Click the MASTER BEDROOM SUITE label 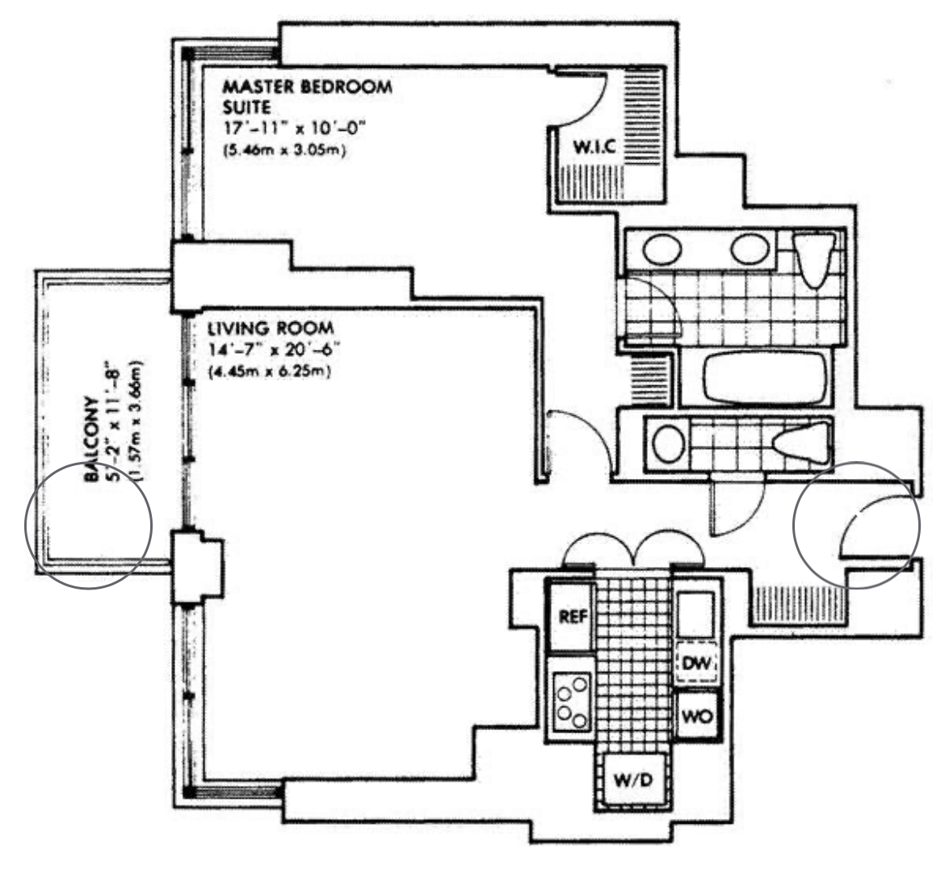pos(307,95)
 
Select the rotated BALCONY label pos(90,439)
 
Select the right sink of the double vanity pos(748,249)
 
